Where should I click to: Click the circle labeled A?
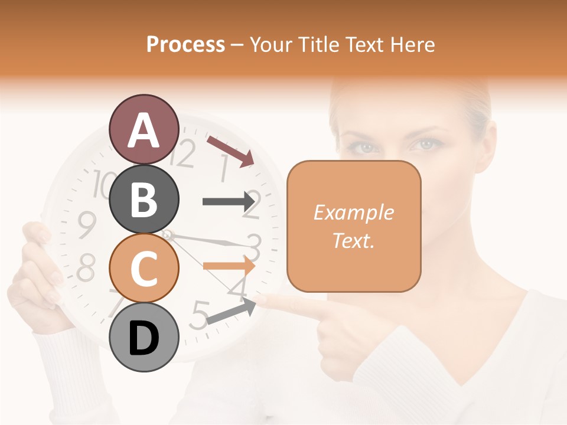click(x=144, y=129)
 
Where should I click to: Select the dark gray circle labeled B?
click(x=144, y=199)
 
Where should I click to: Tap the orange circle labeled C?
click(x=144, y=268)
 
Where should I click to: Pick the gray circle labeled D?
click(x=144, y=337)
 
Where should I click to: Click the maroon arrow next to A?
click(x=230, y=151)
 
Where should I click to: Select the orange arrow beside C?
click(x=229, y=266)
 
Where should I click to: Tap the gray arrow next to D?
click(x=231, y=311)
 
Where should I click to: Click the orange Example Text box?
click(x=354, y=226)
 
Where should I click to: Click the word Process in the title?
click(x=185, y=44)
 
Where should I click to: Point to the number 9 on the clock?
click(x=87, y=224)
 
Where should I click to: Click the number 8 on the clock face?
click(x=86, y=269)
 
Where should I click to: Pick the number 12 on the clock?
click(x=184, y=155)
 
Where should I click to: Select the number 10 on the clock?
click(x=104, y=183)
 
